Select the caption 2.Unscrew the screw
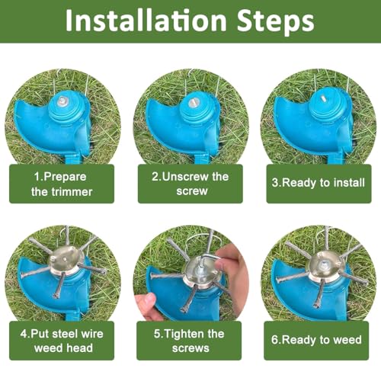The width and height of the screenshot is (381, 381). (x=190, y=184)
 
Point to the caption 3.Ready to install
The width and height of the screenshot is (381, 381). (x=319, y=184)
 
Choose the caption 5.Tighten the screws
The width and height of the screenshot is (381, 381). (x=190, y=341)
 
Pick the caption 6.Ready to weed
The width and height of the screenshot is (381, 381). (x=319, y=341)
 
